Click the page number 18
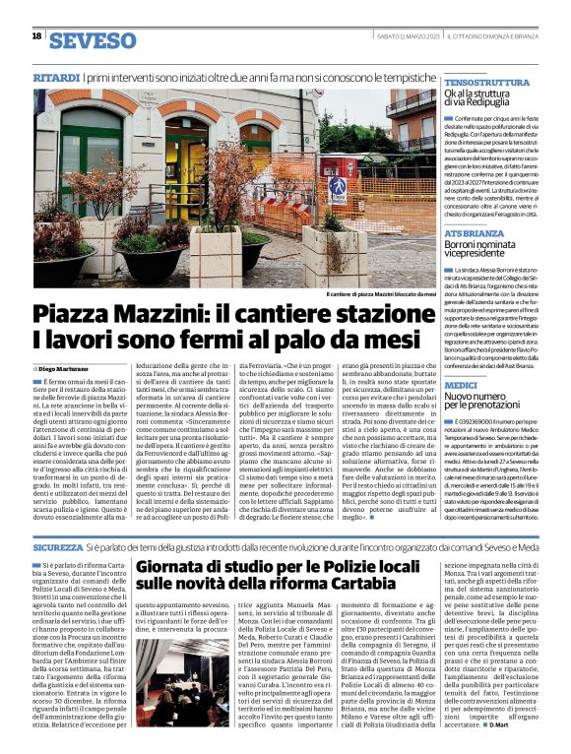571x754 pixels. pyautogui.click(x=36, y=35)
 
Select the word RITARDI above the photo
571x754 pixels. pyautogui.click(x=55, y=76)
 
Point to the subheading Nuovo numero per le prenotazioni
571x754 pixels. pyautogui.click(x=485, y=407)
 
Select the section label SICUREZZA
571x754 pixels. pyautogui.click(x=57, y=544)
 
